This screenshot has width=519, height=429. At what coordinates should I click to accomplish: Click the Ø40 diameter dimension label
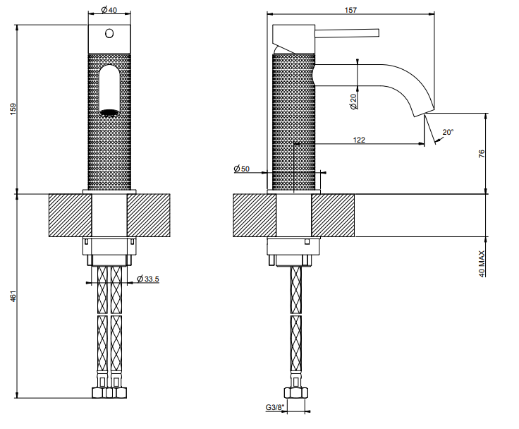tap(109, 10)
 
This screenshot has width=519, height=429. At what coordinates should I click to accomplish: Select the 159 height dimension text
tap(13, 109)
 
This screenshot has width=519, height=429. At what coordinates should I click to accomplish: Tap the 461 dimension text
tap(13, 296)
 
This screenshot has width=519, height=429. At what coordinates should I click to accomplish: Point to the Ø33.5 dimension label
tap(148, 279)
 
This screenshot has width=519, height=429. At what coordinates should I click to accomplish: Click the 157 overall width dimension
tap(350, 10)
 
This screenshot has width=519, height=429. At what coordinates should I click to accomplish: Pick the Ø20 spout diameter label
tap(353, 102)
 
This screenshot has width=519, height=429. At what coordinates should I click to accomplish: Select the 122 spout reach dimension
tap(359, 140)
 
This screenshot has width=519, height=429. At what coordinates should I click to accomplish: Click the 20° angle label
tap(448, 132)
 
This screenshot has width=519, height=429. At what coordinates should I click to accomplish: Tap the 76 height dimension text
tap(482, 153)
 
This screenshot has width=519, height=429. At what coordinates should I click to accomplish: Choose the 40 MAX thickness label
tap(482, 264)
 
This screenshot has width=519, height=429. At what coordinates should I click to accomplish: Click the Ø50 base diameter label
tap(242, 169)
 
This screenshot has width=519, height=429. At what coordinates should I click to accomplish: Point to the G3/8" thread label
tap(275, 407)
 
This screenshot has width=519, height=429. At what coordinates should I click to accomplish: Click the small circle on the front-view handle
tap(109, 33)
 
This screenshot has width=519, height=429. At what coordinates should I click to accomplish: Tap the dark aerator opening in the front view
tap(109, 113)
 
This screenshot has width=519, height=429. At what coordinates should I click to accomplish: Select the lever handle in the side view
tap(347, 32)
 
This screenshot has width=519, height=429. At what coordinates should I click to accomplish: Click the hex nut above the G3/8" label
tap(296, 392)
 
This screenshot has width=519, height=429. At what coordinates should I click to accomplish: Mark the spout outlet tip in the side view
tap(425, 113)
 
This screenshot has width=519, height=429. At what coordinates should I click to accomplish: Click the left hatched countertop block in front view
tap(71, 215)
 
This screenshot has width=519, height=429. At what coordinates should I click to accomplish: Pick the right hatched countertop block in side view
tap(333, 215)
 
